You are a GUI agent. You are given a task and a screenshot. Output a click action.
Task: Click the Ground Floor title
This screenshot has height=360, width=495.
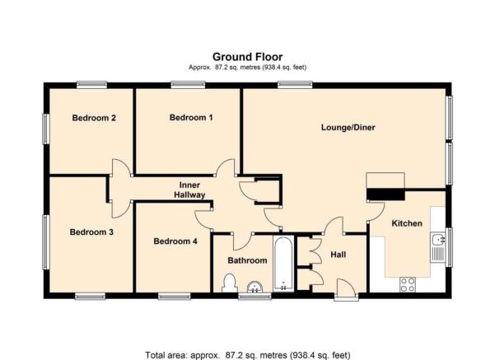247,57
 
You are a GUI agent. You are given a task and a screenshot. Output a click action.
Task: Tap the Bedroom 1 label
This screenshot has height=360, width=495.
191,118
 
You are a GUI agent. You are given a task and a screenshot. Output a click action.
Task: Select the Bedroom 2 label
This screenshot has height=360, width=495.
94,118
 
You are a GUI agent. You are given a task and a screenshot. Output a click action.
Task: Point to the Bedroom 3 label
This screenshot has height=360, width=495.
91,232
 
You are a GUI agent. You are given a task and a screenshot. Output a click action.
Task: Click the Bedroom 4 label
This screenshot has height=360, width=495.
175,241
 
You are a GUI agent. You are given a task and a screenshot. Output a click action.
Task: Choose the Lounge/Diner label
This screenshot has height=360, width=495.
348,127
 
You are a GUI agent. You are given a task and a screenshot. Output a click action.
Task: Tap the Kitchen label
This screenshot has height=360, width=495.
407,223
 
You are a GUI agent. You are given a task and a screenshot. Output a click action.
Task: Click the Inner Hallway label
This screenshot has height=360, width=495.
189,189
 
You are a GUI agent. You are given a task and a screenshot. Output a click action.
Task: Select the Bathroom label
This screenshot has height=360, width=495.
247,260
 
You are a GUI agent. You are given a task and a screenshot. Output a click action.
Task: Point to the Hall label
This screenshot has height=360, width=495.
339,255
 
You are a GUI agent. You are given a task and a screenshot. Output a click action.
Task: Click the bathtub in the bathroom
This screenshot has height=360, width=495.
283,264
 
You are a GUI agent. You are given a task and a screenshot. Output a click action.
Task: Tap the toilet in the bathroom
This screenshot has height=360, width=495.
230,283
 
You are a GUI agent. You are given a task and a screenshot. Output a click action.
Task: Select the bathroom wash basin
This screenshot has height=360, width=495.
255,287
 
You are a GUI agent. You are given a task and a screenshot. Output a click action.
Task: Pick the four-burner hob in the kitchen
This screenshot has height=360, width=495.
407,284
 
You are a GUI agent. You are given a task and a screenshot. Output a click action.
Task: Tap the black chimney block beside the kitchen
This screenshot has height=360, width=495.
385,194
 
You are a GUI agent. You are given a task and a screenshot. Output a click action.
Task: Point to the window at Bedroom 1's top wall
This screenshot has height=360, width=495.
188,84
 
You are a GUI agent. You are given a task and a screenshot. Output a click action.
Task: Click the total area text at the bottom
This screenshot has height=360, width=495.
247,355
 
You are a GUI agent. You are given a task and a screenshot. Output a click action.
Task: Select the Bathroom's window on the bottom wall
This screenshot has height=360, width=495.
255,296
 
